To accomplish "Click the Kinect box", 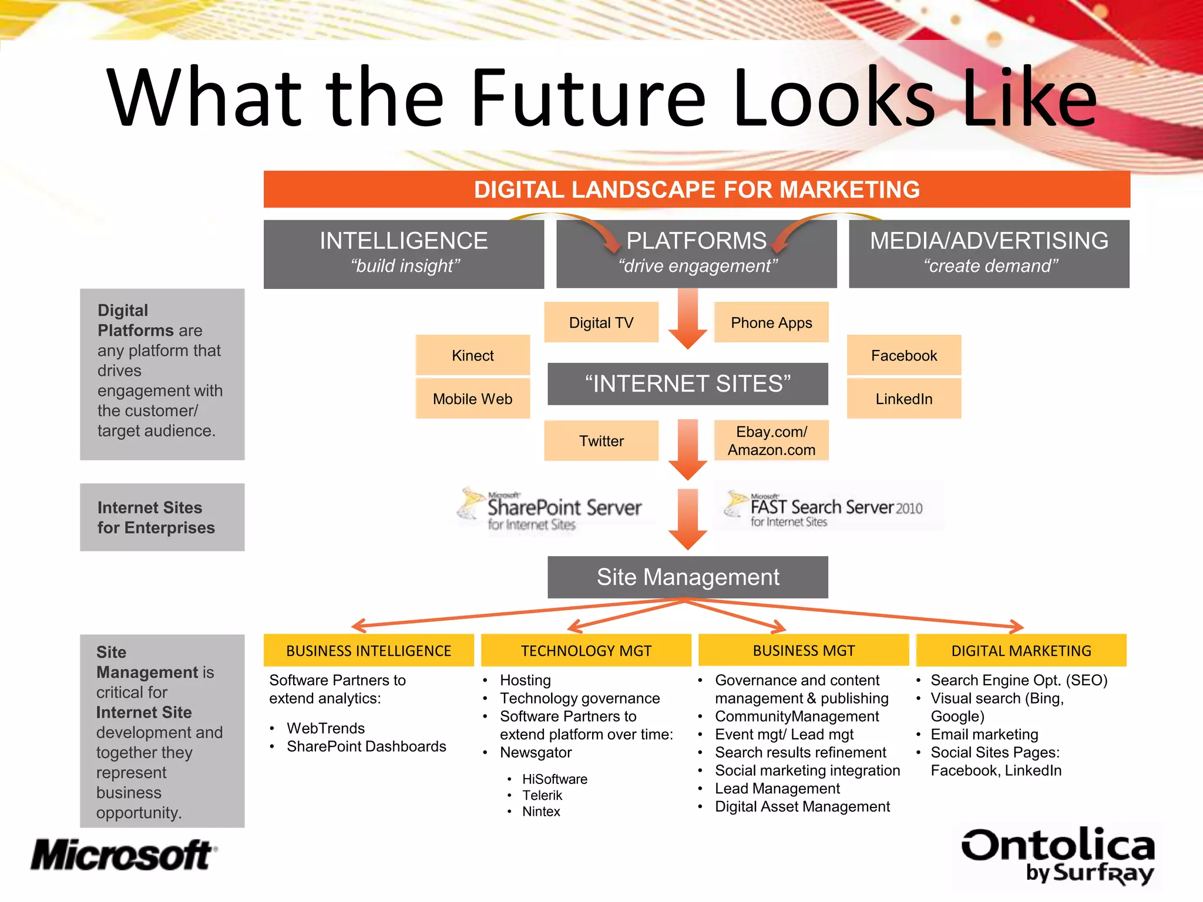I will click(473, 355).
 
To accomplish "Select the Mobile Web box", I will click(473, 399).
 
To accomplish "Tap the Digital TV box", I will click(601, 322).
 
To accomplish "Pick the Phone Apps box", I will click(771, 322).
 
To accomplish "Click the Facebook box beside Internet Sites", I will click(904, 355).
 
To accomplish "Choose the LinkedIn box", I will click(904, 399).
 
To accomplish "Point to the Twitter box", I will click(601, 440).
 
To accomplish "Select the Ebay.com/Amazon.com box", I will click(771, 440).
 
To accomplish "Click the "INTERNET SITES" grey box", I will click(688, 384).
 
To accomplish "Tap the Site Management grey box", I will click(688, 577).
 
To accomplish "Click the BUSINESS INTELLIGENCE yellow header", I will click(368, 651).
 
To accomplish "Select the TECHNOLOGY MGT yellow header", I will click(586, 651).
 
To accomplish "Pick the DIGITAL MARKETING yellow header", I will click(1021, 651).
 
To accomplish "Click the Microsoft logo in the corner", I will click(124, 855).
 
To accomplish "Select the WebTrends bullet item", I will click(325, 728).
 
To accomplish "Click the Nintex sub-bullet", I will click(541, 812).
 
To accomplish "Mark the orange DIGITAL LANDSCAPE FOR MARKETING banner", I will click(697, 189).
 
